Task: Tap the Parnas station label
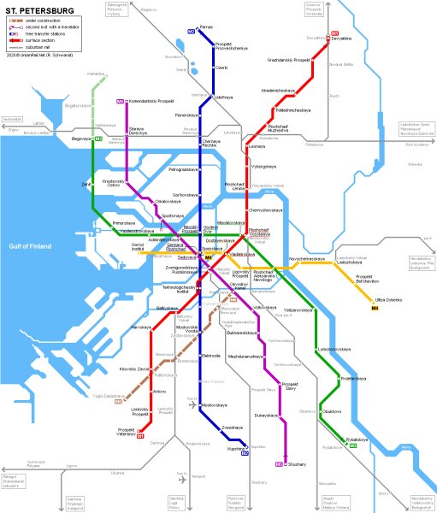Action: click(x=206, y=28)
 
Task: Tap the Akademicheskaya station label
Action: click(x=279, y=89)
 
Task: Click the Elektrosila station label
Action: click(x=211, y=356)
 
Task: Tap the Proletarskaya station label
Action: click(x=353, y=378)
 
